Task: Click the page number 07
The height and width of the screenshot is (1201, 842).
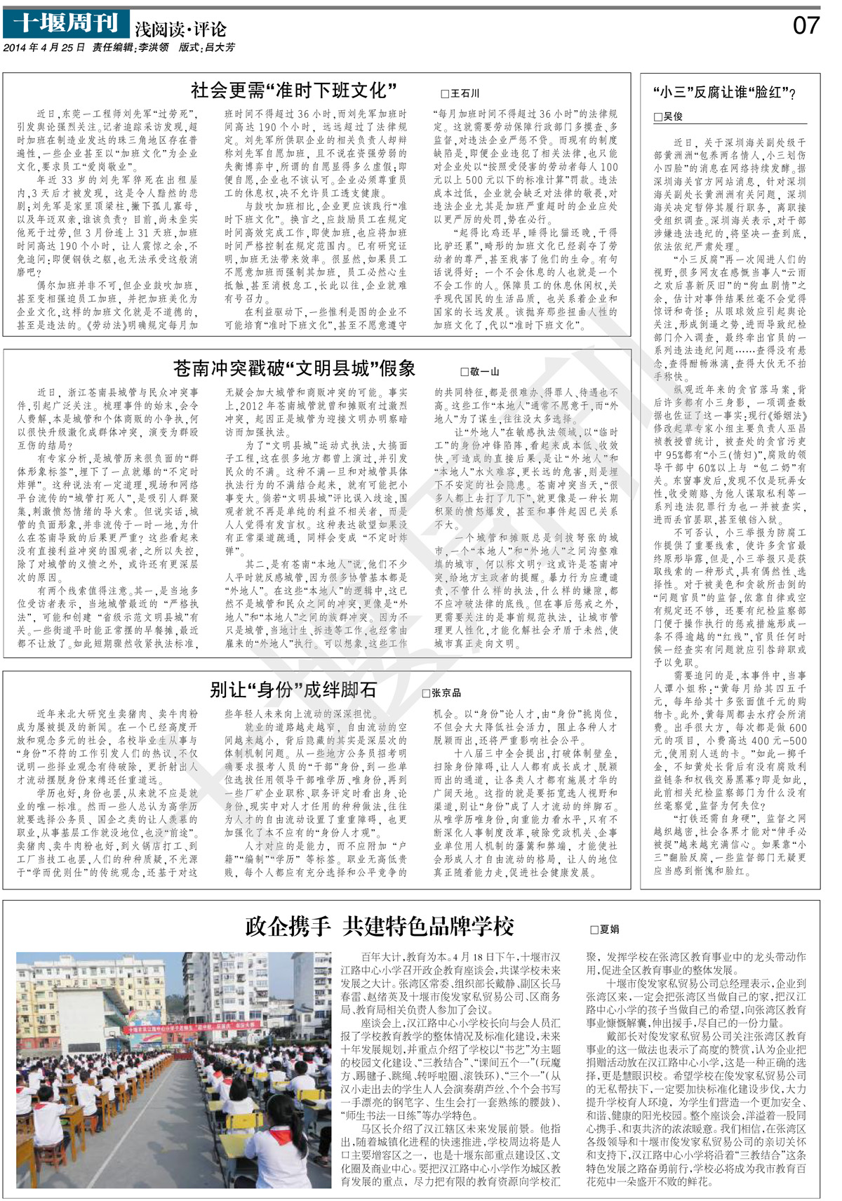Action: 806,26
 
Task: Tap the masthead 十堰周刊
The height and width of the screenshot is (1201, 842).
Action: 66,24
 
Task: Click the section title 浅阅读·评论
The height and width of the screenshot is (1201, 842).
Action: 180,29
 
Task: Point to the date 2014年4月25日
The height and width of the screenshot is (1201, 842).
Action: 44,48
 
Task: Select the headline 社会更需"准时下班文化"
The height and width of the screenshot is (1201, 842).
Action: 294,90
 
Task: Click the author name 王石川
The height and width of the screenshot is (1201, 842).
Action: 465,93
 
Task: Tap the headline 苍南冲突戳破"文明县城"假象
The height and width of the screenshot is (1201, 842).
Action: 295,368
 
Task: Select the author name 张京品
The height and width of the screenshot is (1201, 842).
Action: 446,693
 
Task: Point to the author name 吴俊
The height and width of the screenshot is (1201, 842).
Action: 672,116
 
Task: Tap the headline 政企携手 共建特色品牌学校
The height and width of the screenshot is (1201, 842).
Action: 380,926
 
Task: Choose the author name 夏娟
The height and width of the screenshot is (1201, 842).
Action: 609,930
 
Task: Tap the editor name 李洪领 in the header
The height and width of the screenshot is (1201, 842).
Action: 154,48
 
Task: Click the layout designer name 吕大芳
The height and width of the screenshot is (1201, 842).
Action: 220,48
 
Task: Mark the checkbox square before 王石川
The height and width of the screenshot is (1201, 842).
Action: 444,94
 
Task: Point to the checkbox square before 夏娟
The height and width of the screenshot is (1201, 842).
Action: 594,930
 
